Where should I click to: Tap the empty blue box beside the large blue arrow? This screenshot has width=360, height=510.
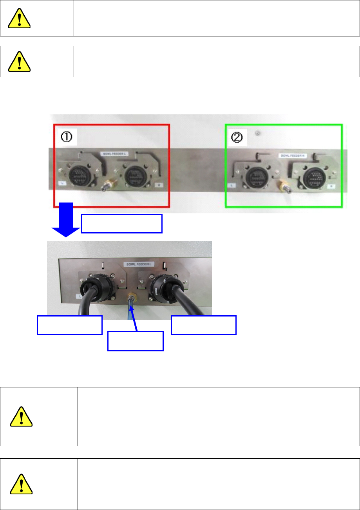(121, 224)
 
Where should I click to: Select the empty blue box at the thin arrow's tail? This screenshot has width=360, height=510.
(136, 341)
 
